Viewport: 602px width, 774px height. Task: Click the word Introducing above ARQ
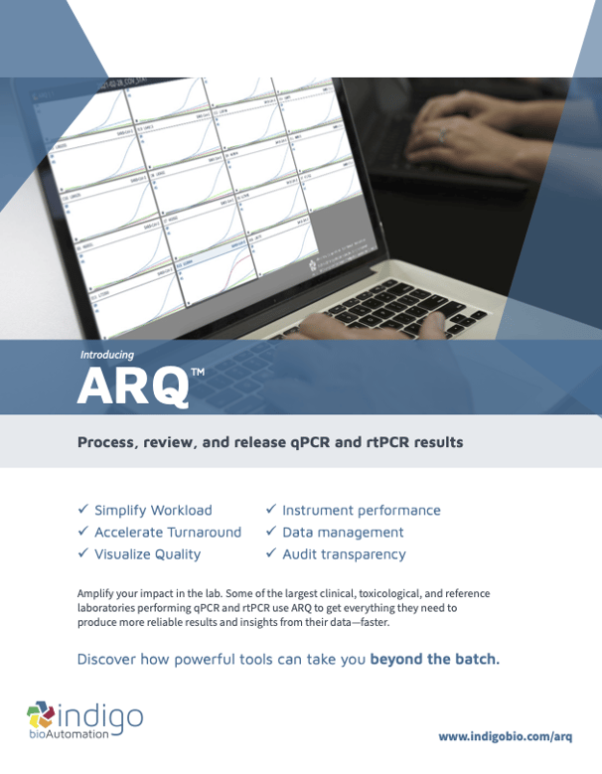point(106,354)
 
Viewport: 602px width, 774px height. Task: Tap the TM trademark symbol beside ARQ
point(197,372)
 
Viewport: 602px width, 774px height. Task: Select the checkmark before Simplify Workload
point(84,509)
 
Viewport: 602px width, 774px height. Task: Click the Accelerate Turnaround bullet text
point(168,533)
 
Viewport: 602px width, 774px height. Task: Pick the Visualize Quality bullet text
point(147,554)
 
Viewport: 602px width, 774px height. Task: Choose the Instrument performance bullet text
point(361,511)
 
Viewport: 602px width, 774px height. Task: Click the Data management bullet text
point(343,533)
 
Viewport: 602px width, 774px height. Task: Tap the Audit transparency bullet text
point(344,554)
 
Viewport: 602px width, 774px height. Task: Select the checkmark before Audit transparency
point(270,553)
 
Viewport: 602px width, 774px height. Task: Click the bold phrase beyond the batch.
point(435,659)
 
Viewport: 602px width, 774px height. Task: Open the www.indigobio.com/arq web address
point(506,736)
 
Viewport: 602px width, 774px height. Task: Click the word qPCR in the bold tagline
point(303,442)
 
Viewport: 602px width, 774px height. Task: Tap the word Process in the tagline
point(105,442)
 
